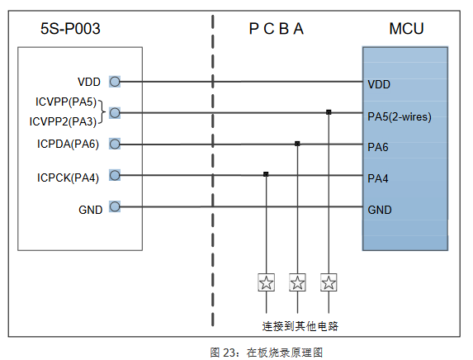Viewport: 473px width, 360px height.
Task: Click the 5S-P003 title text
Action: click(70, 29)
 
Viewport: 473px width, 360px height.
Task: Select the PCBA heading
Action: click(276, 29)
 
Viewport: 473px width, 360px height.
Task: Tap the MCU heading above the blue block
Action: click(406, 29)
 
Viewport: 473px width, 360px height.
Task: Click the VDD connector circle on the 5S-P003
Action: click(115, 82)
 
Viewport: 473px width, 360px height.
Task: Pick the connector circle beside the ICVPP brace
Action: click(115, 113)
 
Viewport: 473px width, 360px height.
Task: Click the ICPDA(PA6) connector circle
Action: click(115, 144)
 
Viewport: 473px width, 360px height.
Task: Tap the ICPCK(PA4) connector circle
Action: click(115, 175)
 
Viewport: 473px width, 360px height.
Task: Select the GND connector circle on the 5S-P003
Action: click(115, 206)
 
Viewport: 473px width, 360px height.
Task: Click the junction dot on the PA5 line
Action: click(329, 112)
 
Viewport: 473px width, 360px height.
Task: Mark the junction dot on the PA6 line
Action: click(297, 144)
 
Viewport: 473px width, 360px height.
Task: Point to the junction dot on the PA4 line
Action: click(266, 174)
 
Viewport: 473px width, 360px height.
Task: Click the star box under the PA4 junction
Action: click(267, 282)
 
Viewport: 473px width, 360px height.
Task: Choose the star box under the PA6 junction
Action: click(297, 282)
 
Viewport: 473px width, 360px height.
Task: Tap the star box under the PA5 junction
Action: click(329, 282)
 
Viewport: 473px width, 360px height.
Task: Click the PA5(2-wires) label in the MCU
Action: click(400, 116)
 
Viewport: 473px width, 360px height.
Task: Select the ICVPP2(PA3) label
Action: click(63, 121)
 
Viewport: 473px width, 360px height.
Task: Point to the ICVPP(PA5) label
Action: click(66, 102)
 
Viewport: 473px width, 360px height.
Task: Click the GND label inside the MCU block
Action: click(380, 210)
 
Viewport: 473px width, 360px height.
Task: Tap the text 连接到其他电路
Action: click(300, 326)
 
